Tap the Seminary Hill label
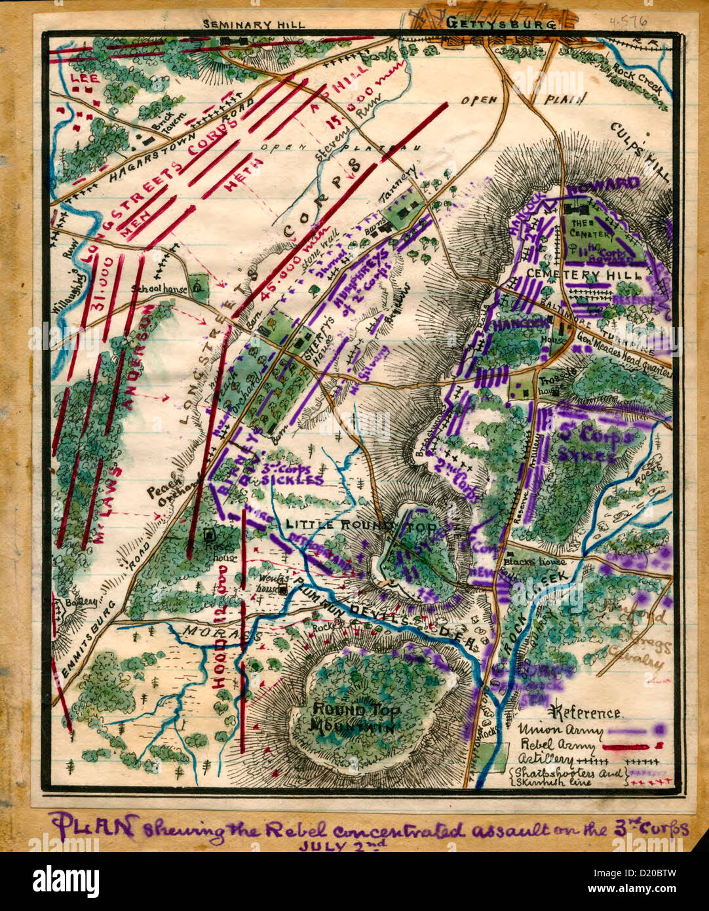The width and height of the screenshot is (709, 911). coord(254,24)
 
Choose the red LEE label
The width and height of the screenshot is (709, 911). coord(84,77)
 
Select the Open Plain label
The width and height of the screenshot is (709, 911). coord(522,100)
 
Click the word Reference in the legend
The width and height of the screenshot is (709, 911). coord(587,712)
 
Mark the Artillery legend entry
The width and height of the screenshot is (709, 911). coord(543,759)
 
